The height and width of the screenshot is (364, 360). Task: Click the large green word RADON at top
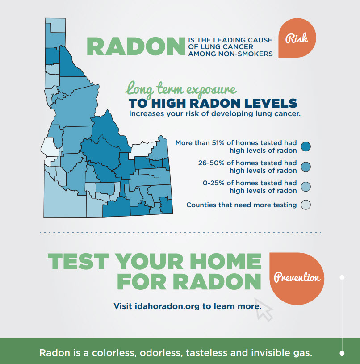(135, 47)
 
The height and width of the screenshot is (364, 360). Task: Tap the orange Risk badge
(296, 39)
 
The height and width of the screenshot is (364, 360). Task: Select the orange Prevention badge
(297, 277)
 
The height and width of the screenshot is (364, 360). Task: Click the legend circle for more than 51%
(306, 146)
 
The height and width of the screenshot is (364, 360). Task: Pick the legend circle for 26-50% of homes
(306, 167)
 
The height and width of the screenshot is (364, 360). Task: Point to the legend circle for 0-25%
(306, 187)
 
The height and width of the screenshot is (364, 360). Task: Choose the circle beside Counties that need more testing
(306, 205)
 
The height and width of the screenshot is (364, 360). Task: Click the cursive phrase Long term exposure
(180, 88)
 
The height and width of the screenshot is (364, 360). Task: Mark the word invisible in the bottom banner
(274, 353)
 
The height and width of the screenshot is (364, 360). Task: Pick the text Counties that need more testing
(241, 205)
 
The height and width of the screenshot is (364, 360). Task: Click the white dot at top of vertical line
(342, 277)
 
